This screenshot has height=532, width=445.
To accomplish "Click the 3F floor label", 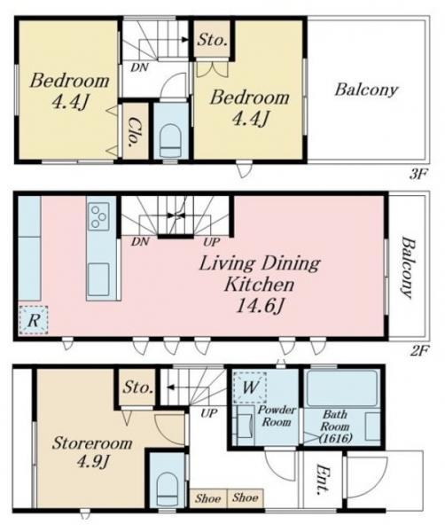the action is (418, 176).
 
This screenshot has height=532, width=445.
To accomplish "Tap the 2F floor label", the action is (419, 350).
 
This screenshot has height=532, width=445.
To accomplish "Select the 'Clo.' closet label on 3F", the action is (136, 131).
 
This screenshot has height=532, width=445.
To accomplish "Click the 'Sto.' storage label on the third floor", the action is (213, 40).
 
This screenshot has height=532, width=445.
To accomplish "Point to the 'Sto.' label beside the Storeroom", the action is (137, 387).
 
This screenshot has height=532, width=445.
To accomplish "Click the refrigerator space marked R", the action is (33, 320).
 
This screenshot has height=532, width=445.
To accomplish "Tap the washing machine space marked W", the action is (250, 387).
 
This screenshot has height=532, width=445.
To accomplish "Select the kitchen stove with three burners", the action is (99, 216).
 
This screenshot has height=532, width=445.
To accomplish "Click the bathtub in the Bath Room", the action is (342, 388).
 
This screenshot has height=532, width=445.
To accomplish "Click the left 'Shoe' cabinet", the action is (208, 498).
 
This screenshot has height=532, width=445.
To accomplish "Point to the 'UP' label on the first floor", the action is (208, 413).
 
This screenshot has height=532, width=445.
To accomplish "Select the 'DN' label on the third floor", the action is (140, 67).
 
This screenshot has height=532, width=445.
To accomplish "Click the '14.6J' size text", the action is (260, 307).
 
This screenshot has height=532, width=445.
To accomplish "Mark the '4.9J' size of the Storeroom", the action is (92, 460).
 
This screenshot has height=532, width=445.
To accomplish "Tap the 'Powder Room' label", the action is (277, 416).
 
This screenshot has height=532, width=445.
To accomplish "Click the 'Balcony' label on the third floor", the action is (366, 90).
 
